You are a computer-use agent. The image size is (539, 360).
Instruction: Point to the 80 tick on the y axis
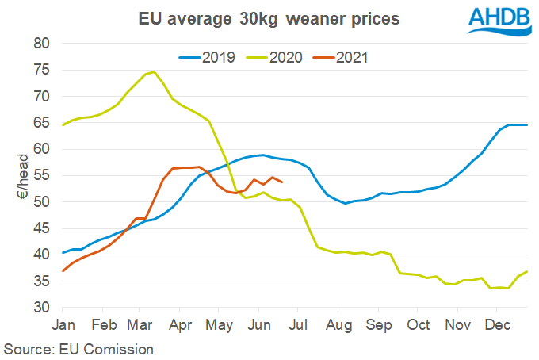pos(43,44)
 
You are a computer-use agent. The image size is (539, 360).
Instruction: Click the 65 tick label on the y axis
pos(43,123)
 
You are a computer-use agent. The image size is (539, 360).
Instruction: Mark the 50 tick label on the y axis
pos(43,202)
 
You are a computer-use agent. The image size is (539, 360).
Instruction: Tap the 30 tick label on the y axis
pos(43,308)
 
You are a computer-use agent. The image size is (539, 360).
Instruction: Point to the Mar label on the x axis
pos(140,325)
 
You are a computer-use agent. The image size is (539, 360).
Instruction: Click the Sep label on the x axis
pos(378,325)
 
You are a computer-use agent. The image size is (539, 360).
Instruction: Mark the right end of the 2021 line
pos(283,182)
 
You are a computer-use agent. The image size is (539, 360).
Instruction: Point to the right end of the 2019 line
pos(527,124)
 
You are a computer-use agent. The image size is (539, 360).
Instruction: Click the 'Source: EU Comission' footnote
pos(78,348)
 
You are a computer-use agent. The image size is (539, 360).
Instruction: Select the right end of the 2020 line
pos(527,272)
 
